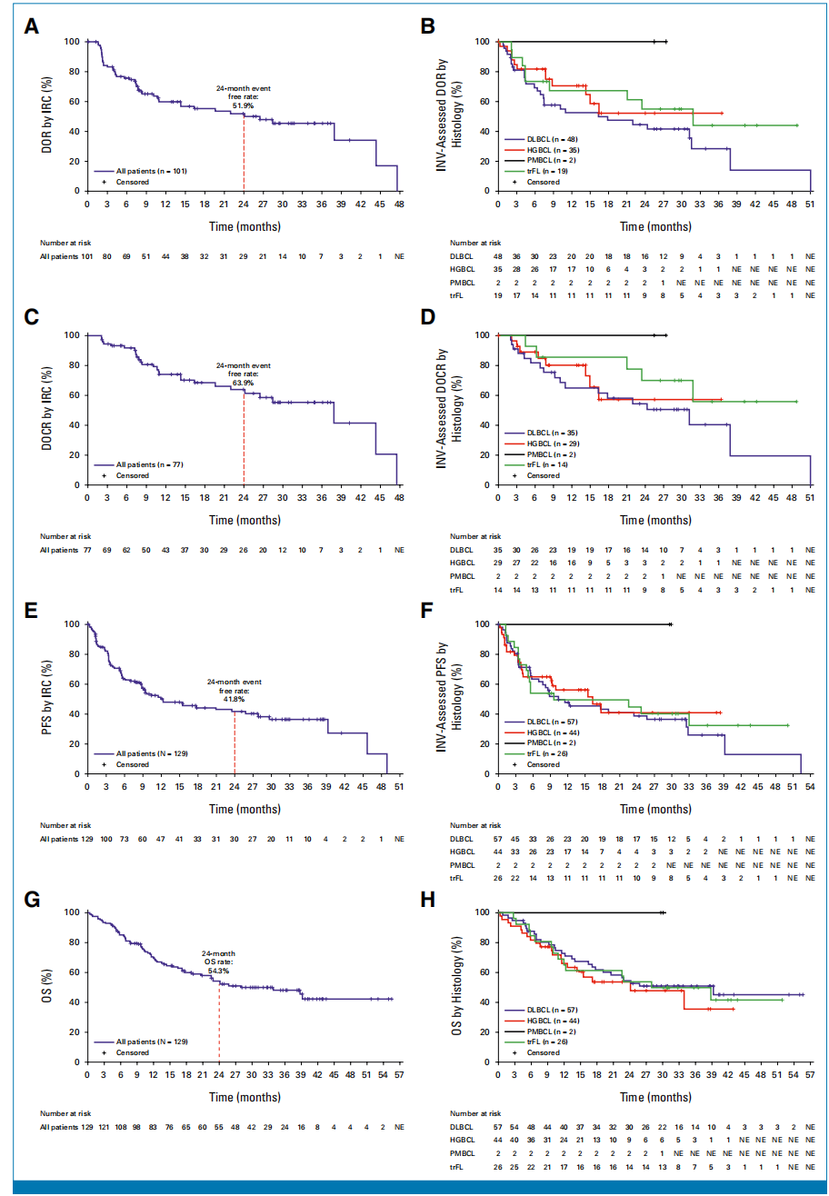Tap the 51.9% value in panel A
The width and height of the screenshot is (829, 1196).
pos(243,106)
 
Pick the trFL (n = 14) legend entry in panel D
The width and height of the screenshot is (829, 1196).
pos(544,464)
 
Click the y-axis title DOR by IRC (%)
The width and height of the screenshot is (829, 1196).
pos(47,115)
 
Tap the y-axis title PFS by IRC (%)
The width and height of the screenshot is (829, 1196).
pos(47,698)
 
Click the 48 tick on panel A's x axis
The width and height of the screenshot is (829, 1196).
pos(398,204)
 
